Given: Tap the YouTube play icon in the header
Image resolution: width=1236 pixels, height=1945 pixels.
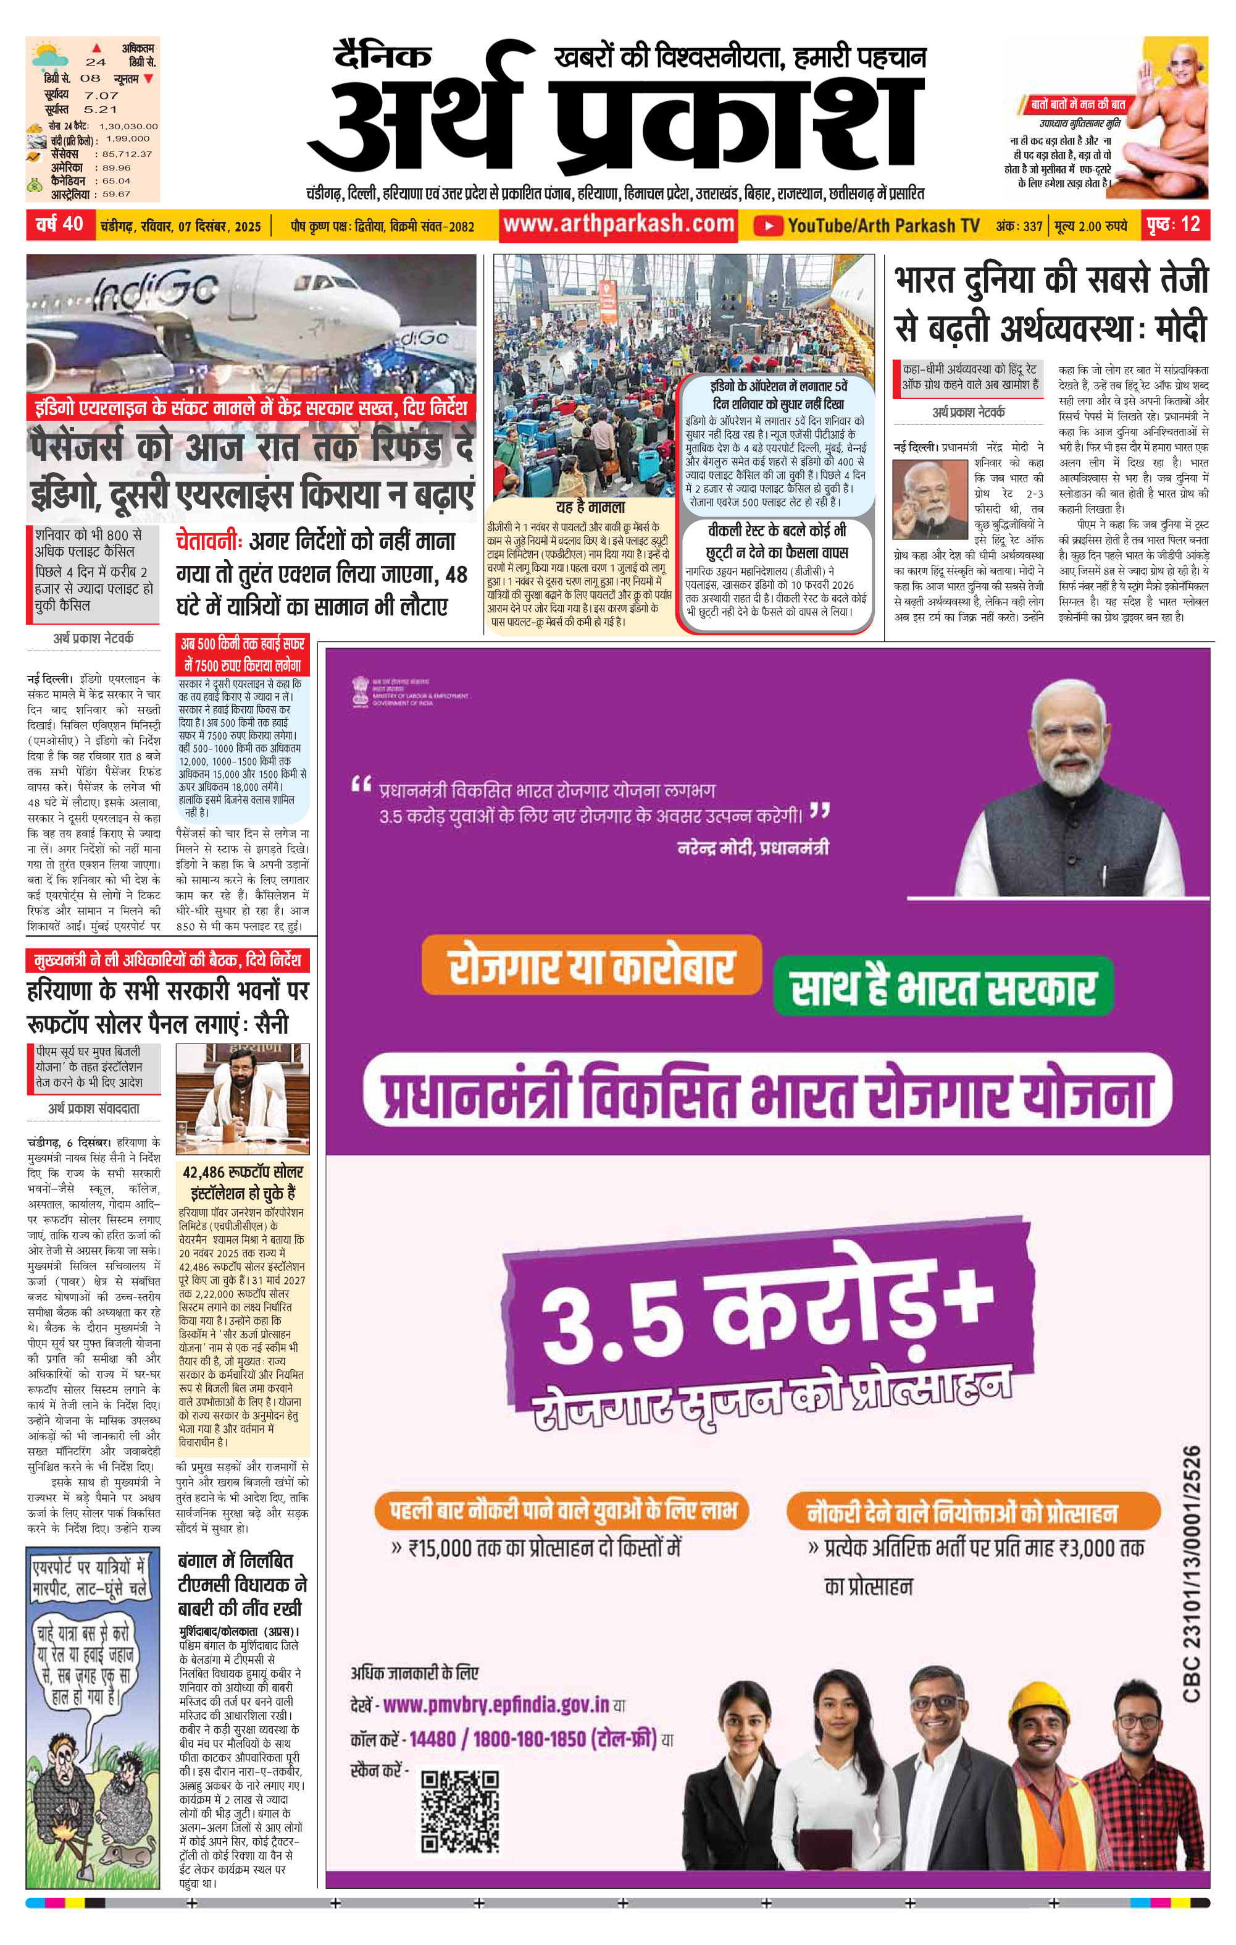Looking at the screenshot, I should click(768, 226).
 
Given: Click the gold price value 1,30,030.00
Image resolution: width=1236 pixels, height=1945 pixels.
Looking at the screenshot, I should click(128, 126).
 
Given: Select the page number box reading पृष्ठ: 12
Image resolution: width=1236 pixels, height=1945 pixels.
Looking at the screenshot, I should click(1175, 224).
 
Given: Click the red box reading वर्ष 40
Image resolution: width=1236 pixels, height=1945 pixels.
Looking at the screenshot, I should click(61, 224).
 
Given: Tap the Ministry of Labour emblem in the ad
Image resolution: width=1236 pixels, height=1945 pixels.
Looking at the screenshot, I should click(360, 691).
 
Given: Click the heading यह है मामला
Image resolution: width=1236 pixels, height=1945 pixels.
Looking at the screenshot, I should click(590, 507).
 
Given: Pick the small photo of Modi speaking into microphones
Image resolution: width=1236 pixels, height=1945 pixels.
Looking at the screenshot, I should click(929, 499).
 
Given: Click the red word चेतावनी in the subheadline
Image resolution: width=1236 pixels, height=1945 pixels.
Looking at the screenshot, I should click(208, 541).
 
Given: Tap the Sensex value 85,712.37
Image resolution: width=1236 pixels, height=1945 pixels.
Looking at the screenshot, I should click(128, 153).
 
